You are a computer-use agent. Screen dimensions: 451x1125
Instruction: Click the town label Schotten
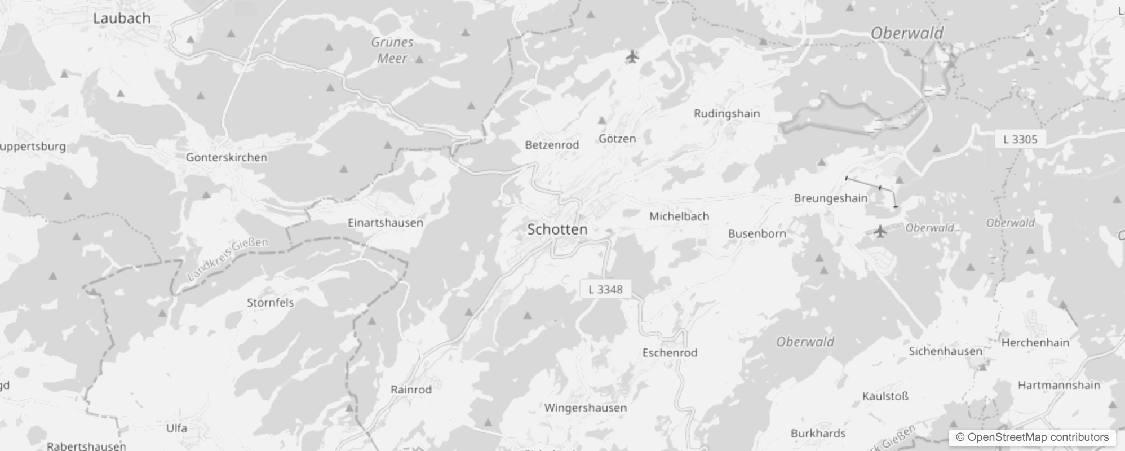tap(557, 229)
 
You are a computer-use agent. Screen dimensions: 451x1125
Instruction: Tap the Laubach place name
tap(122, 18)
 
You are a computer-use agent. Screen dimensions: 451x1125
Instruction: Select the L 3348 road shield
tap(605, 289)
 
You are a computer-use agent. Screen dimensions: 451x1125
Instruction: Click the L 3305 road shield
tap(1020, 139)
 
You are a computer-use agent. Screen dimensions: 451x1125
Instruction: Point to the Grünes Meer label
tap(392, 50)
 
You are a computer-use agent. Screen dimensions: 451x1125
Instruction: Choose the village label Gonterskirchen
tap(227, 157)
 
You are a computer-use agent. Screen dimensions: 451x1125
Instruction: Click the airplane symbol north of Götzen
tap(632, 56)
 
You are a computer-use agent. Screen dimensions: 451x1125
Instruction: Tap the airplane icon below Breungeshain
tap(880, 231)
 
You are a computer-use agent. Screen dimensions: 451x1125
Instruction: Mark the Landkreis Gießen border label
tap(228, 258)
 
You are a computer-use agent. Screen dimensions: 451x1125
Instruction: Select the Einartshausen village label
tap(386, 223)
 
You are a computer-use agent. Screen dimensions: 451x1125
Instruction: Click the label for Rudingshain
tap(727, 113)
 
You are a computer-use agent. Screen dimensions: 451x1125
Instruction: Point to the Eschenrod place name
tap(670, 353)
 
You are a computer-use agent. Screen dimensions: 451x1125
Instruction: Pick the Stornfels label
tap(271, 303)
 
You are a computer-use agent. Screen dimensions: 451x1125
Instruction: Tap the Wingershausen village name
tap(585, 408)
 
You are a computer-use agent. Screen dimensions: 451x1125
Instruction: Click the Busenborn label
tap(757, 233)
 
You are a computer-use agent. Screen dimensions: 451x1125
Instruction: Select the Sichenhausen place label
tap(945, 351)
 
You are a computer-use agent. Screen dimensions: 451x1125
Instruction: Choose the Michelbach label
tap(679, 216)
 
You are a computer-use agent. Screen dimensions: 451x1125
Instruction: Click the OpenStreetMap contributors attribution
tap(1033, 437)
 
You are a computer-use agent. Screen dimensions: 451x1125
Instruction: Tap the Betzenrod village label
tap(552, 145)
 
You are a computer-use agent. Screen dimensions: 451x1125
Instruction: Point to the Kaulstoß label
tap(885, 396)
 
